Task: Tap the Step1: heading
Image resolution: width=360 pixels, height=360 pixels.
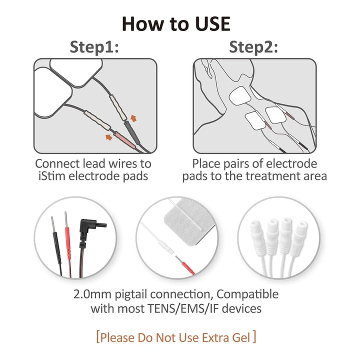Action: pyautogui.click(x=94, y=47)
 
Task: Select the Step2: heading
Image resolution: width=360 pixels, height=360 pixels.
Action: pyautogui.click(x=253, y=47)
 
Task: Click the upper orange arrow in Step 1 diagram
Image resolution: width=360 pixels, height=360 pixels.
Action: pyautogui.click(x=133, y=118)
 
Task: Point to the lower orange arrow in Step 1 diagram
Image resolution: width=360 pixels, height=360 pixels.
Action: pyautogui.click(x=109, y=137)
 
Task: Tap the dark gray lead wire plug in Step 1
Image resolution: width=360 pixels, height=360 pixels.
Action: pyautogui.click(x=132, y=132)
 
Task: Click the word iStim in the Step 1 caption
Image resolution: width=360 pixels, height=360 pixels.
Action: pyautogui.click(x=52, y=176)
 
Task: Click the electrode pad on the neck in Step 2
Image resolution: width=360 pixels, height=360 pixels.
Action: pyautogui.click(x=240, y=95)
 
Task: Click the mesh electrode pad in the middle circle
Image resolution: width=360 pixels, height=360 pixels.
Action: pyautogui.click(x=189, y=221)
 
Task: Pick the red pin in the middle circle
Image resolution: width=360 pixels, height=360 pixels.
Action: pyautogui.click(x=185, y=264)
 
